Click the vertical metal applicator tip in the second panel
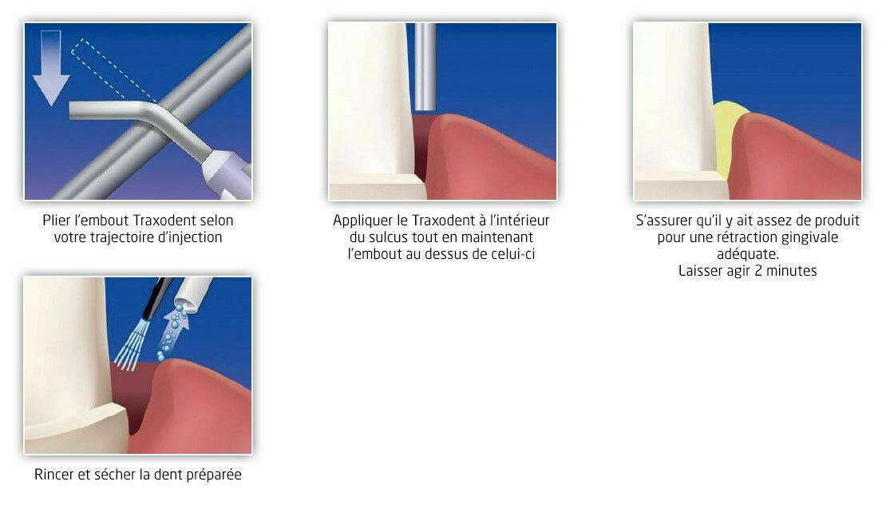[x=425, y=67]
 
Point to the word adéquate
[x=747, y=254]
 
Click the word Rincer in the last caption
[x=54, y=475]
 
